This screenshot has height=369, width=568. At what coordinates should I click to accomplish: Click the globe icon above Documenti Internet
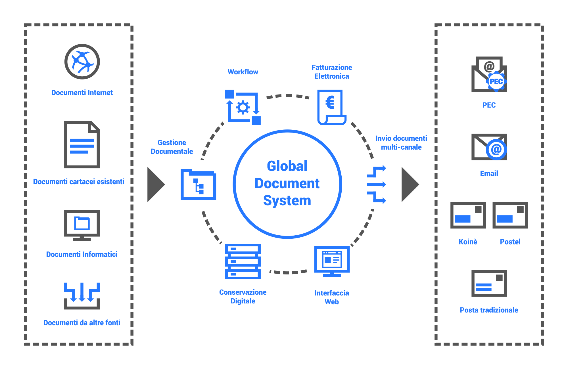point(82,62)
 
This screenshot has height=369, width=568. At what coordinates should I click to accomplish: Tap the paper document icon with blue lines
point(82,145)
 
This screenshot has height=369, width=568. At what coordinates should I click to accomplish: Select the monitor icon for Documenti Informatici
point(82,225)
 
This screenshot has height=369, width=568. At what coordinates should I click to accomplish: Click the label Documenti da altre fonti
point(82,323)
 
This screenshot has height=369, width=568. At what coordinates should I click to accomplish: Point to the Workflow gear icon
point(243,108)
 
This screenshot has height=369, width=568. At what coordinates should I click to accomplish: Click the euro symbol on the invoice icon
point(330,102)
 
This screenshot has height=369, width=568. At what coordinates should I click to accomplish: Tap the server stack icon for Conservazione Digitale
point(243,261)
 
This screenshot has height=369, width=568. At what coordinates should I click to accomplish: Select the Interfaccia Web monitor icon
point(332,261)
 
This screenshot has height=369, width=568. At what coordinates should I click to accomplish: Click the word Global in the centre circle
point(287,166)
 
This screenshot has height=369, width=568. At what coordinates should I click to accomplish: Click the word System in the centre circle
point(287,201)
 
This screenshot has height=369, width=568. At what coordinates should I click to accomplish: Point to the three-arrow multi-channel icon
point(376,184)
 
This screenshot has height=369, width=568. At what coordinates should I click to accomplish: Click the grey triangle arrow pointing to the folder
point(155,184)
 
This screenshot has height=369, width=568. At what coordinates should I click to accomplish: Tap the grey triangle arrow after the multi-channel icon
point(410,184)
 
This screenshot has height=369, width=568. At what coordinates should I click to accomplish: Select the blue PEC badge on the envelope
point(496,82)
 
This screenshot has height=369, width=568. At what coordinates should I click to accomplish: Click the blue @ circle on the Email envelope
point(496,149)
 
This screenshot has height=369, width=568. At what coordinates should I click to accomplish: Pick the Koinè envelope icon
point(468,215)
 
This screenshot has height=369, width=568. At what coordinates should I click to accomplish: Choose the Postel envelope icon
point(510,215)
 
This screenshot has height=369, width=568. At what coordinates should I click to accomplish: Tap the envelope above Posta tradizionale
point(489,283)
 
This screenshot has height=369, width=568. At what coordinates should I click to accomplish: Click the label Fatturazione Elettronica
point(332,72)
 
